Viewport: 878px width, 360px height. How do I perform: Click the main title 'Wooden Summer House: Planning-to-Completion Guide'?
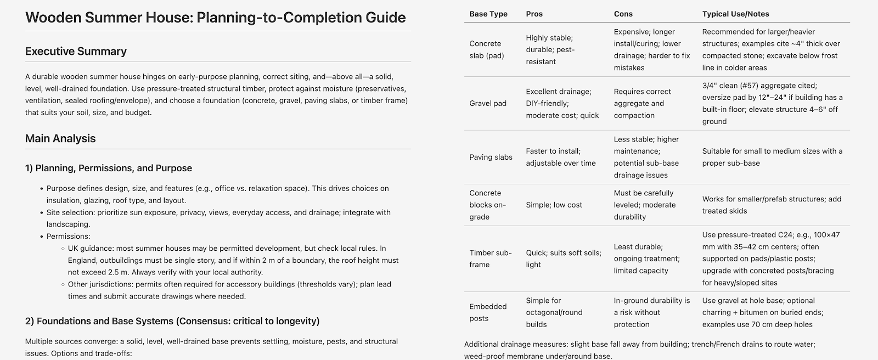(x=215, y=18)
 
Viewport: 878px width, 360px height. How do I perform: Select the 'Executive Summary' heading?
(x=76, y=52)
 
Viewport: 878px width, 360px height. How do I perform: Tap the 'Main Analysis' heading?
(x=60, y=139)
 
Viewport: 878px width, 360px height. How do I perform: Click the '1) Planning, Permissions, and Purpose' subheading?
(x=108, y=168)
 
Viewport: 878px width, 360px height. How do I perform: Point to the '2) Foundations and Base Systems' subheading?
(x=172, y=321)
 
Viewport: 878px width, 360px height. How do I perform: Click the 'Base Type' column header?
(x=488, y=14)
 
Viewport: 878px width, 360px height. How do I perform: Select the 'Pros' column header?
(x=534, y=14)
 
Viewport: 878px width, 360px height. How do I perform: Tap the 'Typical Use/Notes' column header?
(x=735, y=14)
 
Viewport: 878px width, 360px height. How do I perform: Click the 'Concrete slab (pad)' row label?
(x=486, y=49)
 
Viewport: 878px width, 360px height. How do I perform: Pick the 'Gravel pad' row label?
(x=488, y=103)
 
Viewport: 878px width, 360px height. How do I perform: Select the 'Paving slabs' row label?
(x=491, y=157)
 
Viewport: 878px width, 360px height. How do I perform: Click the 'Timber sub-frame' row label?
(x=490, y=258)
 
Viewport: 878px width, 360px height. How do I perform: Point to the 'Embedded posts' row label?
(x=488, y=312)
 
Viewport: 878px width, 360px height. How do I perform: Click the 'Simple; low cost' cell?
(x=554, y=205)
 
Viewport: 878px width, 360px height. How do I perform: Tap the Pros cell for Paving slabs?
(x=560, y=157)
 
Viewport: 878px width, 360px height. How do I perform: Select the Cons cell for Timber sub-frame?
(x=646, y=258)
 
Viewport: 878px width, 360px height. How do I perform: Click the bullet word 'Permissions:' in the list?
(x=68, y=237)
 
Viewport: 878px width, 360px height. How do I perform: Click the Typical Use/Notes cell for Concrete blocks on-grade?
(x=772, y=205)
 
